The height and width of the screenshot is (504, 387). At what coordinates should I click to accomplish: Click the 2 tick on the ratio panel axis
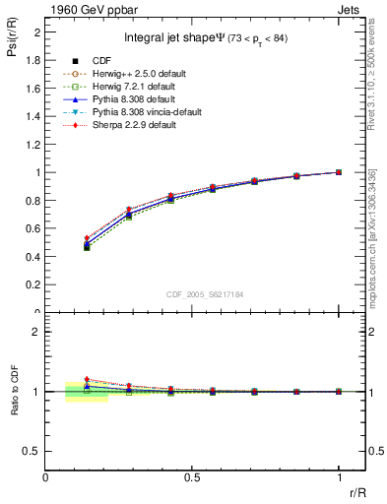[37, 332]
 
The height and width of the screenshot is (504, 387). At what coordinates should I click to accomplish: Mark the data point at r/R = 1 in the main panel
[339, 172]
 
